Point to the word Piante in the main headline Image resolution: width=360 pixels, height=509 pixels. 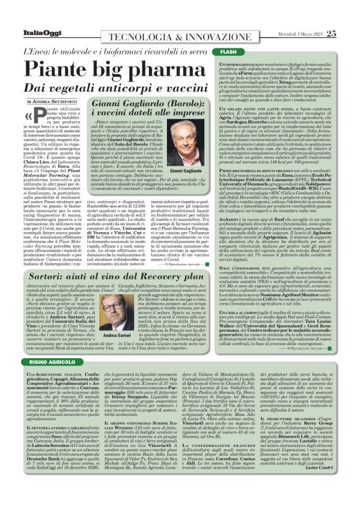60,70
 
